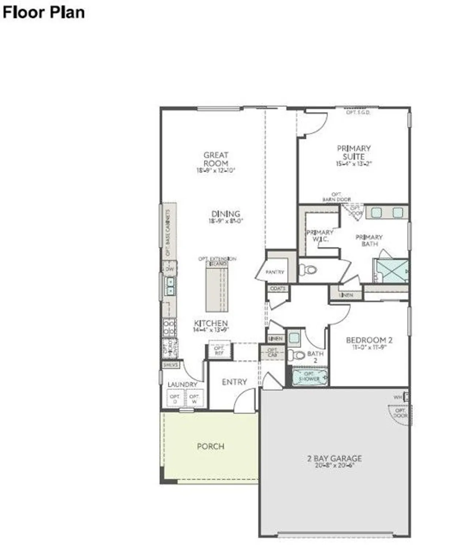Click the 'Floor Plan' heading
click(44, 12)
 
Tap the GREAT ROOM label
click(216, 159)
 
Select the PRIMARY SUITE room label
click(354, 152)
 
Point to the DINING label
click(226, 214)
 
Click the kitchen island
click(217, 289)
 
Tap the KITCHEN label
click(211, 324)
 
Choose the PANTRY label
click(275, 272)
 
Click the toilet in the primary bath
click(309, 270)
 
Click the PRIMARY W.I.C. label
click(320, 236)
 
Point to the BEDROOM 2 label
click(369, 340)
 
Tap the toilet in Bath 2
click(298, 355)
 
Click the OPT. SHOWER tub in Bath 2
click(310, 377)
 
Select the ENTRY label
click(234, 382)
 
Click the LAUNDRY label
click(182, 385)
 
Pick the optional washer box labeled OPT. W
click(194, 399)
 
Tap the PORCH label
click(211, 447)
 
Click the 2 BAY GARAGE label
click(335, 459)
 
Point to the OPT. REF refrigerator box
click(219, 351)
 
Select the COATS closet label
click(278, 289)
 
